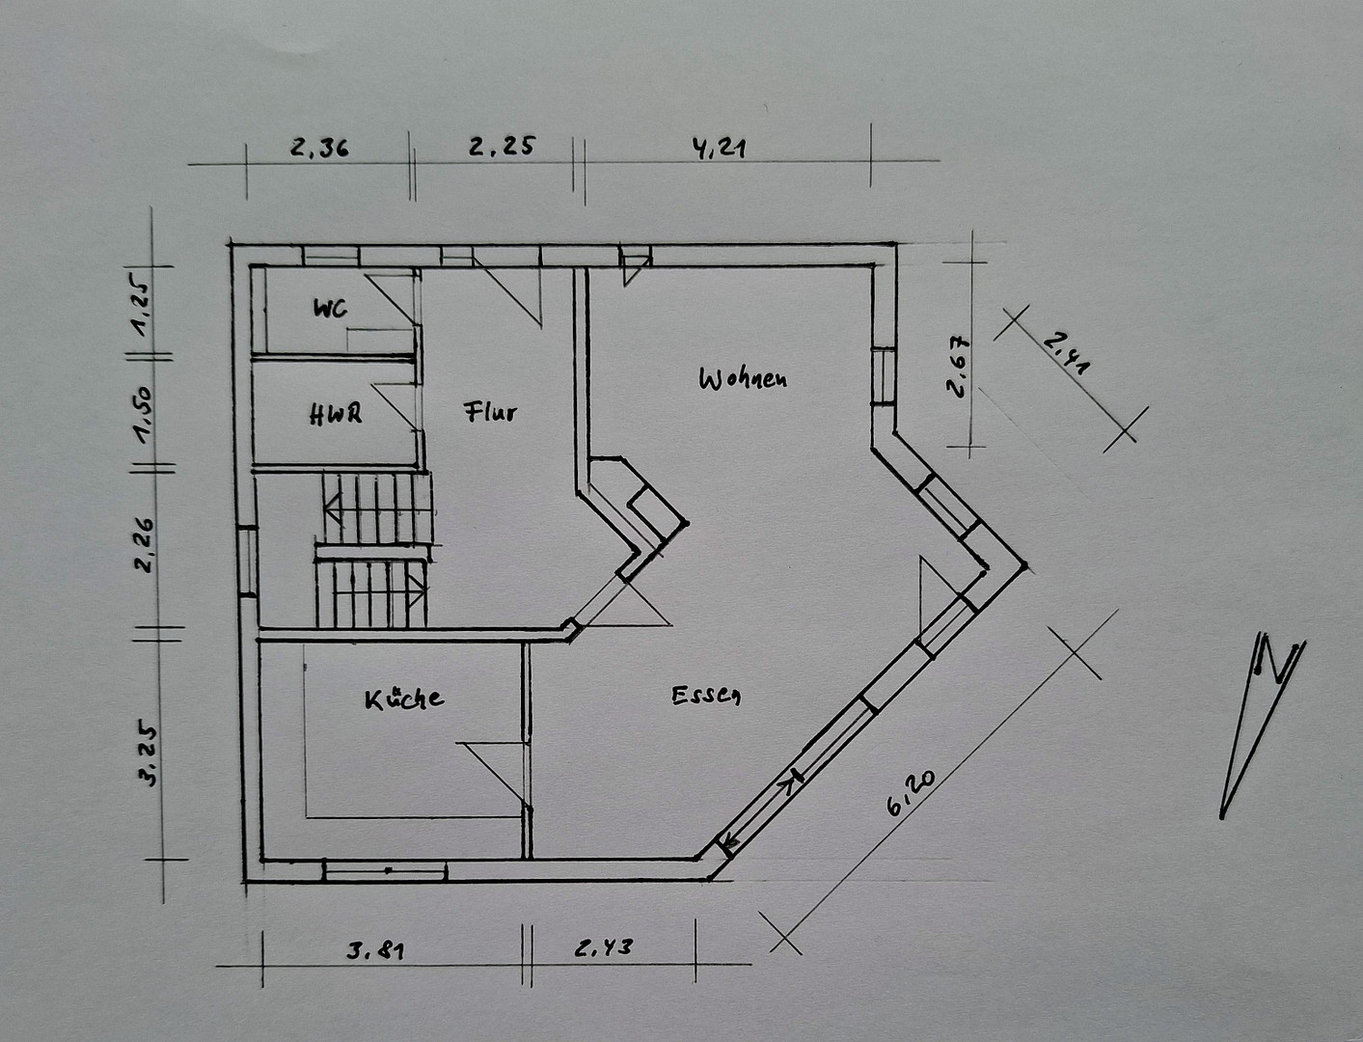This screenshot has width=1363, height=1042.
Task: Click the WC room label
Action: (330, 309)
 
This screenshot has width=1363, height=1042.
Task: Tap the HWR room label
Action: (336, 414)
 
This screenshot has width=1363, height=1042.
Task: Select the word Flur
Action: (490, 412)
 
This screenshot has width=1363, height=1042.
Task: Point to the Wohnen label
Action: (744, 379)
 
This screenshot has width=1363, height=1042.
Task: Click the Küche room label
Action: (404, 699)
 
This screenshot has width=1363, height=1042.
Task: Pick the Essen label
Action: (706, 695)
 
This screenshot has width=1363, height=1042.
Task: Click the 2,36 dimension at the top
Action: (320, 148)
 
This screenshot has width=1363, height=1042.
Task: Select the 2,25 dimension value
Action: (502, 146)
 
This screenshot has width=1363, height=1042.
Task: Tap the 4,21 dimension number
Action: (719, 149)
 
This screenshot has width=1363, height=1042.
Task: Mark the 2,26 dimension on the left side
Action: (147, 544)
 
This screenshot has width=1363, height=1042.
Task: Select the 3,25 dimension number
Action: (149, 753)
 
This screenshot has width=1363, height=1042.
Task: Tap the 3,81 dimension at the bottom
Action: (375, 950)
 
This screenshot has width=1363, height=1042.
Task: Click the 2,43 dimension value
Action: (604, 947)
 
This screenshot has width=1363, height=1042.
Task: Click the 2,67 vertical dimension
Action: (957, 367)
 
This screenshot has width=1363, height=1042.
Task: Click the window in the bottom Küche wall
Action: (385, 871)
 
